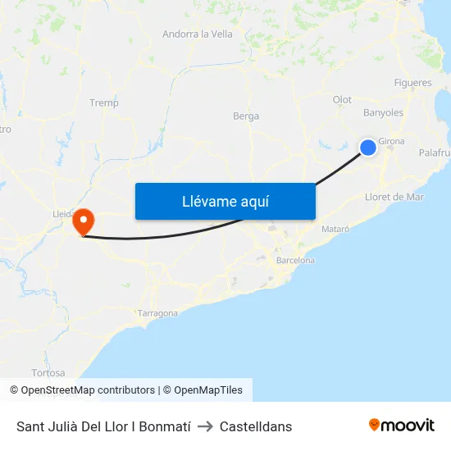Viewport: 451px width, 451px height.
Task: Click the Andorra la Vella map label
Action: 197,34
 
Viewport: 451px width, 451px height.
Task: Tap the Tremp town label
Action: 104,103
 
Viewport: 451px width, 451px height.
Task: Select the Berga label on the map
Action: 246,116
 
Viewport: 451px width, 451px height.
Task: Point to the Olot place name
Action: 342,100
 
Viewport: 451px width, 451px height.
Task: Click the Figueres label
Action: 412,84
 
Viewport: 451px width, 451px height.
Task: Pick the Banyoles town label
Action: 383,113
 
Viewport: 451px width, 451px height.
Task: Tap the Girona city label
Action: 391,142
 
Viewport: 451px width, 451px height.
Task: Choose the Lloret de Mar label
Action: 394,197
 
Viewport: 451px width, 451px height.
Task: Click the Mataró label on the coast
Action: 336,229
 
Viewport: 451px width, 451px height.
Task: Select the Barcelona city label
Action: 296,261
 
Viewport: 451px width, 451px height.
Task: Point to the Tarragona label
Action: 157,313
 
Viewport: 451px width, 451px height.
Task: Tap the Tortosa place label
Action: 48,373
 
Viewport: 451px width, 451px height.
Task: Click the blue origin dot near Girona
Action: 368,148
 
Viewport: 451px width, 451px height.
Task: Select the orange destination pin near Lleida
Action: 83,221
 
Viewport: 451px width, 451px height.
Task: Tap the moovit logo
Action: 402,426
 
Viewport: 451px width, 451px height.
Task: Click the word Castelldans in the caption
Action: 256,426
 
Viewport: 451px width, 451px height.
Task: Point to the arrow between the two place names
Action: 205,426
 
